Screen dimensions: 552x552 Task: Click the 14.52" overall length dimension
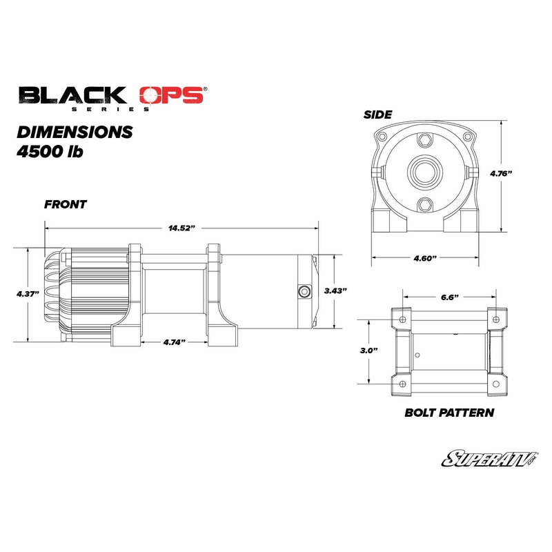point(182,228)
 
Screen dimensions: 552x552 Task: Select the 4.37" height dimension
point(28,293)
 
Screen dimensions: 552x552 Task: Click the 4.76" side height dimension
point(500,174)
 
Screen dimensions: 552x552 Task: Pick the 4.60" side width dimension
point(426,257)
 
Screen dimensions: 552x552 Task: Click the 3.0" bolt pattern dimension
point(370,351)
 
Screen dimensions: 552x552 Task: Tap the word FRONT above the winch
point(66,205)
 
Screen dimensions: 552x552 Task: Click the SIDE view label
point(378,115)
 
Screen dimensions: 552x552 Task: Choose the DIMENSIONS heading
point(75,131)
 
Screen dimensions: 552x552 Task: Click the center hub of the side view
point(424,170)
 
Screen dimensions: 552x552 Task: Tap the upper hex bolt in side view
point(424,140)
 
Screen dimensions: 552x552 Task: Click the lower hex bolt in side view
point(424,204)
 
